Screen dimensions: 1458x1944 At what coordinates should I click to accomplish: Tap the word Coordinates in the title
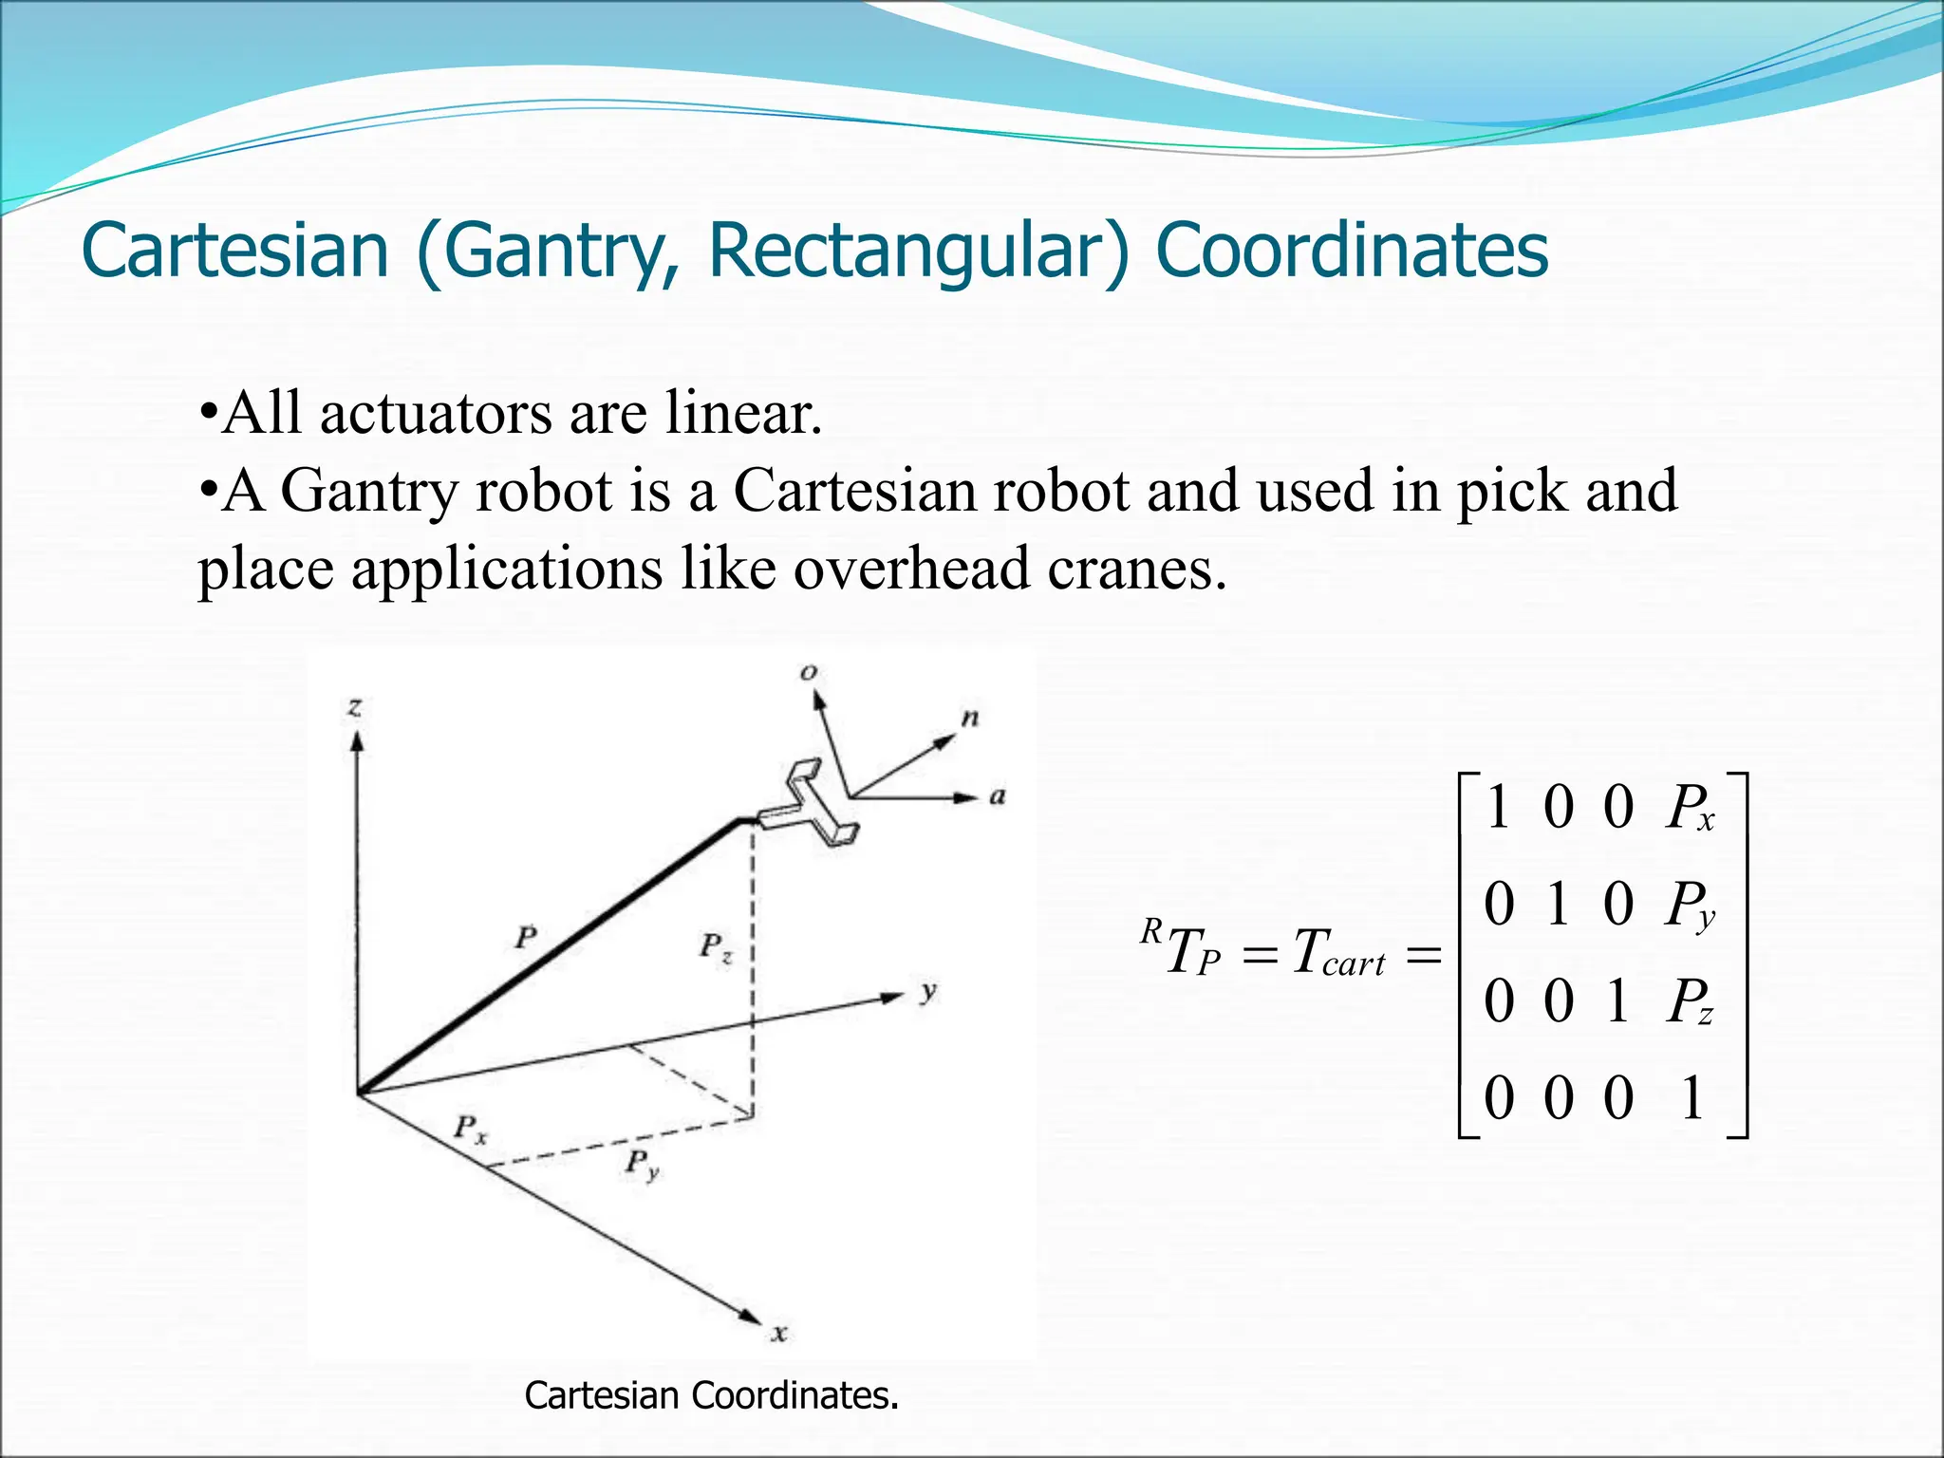point(1352,251)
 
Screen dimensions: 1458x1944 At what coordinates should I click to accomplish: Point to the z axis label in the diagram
point(355,707)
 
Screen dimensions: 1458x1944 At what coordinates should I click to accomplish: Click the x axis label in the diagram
point(779,1334)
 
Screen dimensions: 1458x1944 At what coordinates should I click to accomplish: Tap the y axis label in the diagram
point(927,992)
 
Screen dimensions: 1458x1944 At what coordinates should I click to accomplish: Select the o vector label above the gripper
point(808,672)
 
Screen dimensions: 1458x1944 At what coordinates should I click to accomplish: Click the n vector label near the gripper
point(969,719)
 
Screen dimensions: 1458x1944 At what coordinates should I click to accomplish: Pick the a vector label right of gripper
point(997,796)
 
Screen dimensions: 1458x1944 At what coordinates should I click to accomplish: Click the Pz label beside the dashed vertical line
point(716,946)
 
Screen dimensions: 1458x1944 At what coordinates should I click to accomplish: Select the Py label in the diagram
point(642,1164)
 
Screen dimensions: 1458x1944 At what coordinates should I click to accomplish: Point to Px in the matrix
point(1690,810)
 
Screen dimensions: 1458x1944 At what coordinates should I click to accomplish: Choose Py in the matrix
point(1690,906)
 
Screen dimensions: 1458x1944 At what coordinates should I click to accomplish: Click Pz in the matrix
point(1690,1002)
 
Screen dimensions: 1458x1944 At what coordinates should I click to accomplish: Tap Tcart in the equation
point(1338,953)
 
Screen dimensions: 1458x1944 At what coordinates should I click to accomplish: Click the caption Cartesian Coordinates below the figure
point(711,1395)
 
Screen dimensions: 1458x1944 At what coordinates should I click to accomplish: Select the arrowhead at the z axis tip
point(357,741)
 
